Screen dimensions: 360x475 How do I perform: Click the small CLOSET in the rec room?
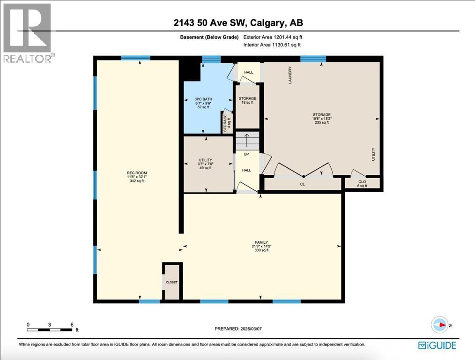tap(172, 282)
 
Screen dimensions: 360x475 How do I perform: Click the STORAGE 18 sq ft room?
tap(247, 100)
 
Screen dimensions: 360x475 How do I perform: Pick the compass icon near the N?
tap(440, 325)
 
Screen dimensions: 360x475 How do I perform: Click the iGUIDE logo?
tap(437, 345)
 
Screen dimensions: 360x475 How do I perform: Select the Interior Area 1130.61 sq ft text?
tap(272, 45)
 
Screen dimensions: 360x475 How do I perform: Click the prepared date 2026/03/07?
tap(238, 329)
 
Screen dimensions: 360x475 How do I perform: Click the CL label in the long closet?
tap(302, 184)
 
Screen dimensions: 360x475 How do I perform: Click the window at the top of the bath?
tap(211, 59)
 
